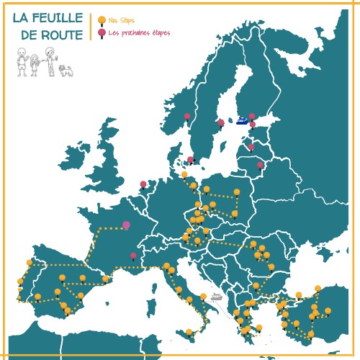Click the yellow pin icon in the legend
(102, 20)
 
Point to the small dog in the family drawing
(66, 70)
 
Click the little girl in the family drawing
(34, 65)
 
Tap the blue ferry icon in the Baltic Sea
(242, 120)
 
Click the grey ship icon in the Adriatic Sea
(216, 296)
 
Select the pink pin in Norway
(187, 116)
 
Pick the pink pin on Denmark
(190, 160)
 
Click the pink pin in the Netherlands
(143, 184)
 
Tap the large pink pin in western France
(126, 225)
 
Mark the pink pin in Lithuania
(260, 165)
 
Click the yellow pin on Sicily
(189, 332)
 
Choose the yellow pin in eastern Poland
(237, 192)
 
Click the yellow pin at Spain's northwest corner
(30, 262)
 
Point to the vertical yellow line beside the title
(91, 27)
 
